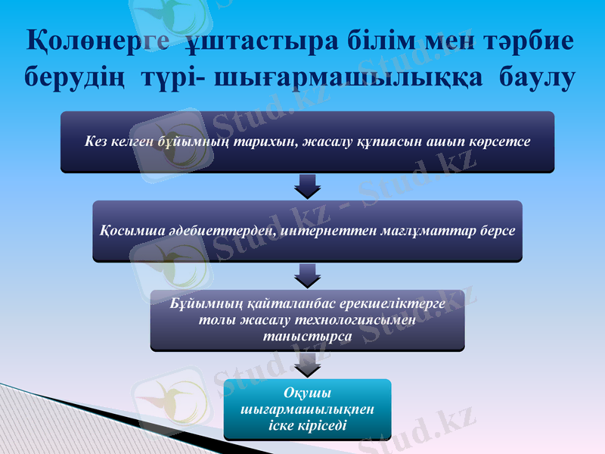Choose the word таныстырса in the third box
pos(306,334)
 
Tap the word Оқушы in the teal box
pos(307,392)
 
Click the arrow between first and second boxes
pos(307,185)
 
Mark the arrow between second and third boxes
pos(307,275)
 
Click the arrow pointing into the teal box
pos(307,365)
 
